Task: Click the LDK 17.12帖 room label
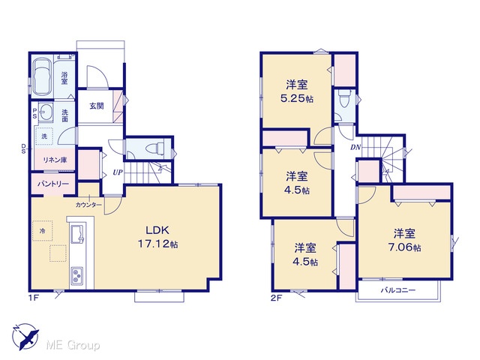point(157,237)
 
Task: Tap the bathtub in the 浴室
point(43,76)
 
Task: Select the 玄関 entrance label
point(97,106)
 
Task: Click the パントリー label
point(53,184)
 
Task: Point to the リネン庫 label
point(55,160)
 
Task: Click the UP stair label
point(118,172)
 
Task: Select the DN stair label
point(355,147)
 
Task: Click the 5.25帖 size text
point(297,98)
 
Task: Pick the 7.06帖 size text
point(404,247)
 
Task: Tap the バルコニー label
point(398,289)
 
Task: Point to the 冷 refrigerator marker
point(42,230)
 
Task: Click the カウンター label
point(88,205)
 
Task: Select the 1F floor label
point(34,298)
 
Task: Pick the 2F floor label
point(277,298)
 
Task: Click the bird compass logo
point(25,337)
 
